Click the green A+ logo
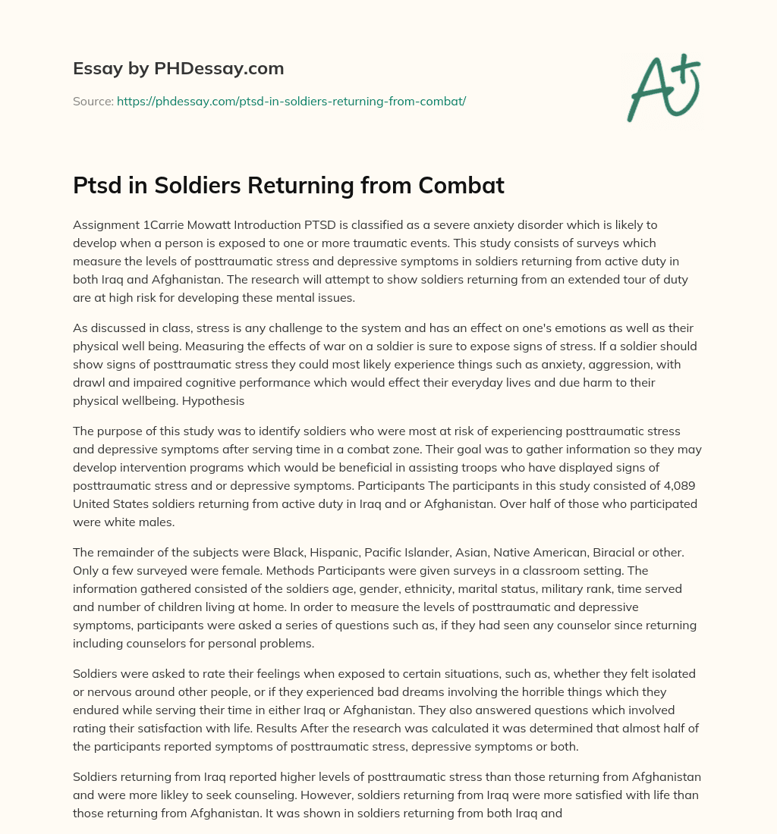[x=662, y=86]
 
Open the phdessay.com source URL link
[x=291, y=101]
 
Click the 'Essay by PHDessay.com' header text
[x=178, y=69]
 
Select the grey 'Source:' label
[x=93, y=101]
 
